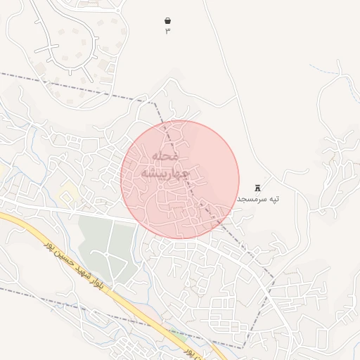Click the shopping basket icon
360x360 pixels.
[x=167, y=20]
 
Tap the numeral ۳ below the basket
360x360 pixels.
[x=167, y=30]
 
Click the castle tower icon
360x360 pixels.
[x=257, y=188]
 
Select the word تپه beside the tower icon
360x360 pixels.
[x=272, y=199]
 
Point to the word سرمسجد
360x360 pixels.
[x=250, y=199]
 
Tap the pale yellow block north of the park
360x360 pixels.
[x=68, y=191]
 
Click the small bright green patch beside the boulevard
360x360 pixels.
[x=176, y=336]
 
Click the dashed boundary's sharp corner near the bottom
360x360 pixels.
[x=244, y=347]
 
